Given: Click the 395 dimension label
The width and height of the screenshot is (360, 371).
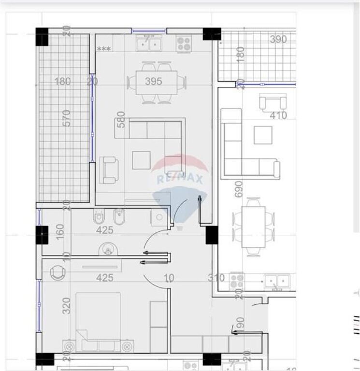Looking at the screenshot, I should coord(154,81).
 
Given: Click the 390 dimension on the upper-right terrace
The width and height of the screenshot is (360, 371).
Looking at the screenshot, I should coord(278,40).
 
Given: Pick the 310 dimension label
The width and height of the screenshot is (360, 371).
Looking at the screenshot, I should coord(216,278).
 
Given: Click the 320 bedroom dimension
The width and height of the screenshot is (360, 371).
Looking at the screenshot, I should coord(67,306).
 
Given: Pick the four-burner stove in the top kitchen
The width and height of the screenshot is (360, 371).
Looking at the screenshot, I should coord(183,45).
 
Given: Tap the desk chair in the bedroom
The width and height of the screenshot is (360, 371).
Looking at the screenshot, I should coord(58,273).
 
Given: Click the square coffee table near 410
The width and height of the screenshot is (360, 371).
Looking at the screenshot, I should coord(263,135).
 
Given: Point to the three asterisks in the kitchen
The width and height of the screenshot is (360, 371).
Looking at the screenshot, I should coord(104,49).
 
